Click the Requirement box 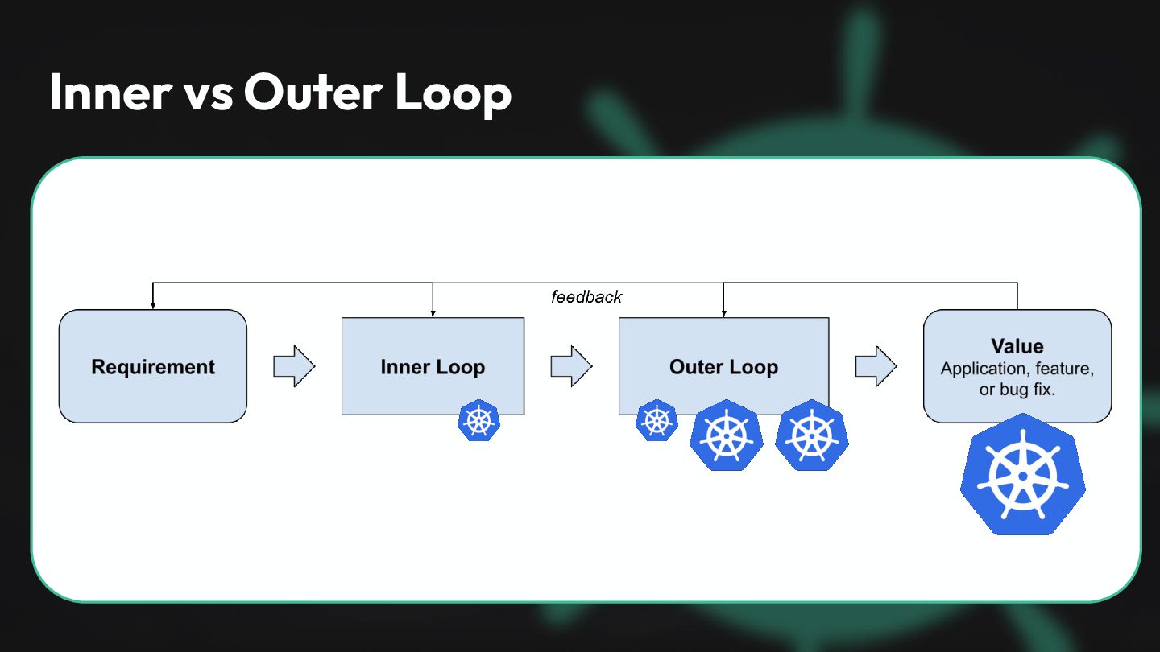coord(153,366)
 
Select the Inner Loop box coord(433,366)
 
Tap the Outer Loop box coord(723,366)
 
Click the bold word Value coord(1017,346)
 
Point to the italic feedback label coord(586,297)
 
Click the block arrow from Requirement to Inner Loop coord(294,366)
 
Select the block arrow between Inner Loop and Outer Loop coord(571,366)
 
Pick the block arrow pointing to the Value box coord(876,366)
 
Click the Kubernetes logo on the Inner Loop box coord(478,420)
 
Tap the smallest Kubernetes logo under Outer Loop coord(657,420)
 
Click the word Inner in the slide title coord(110,93)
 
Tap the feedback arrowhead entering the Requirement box coord(152,305)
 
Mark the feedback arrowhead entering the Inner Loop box coord(433,312)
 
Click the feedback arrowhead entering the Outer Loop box coord(723,312)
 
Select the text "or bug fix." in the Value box coord(1017,390)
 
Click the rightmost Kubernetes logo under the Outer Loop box coord(811,435)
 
